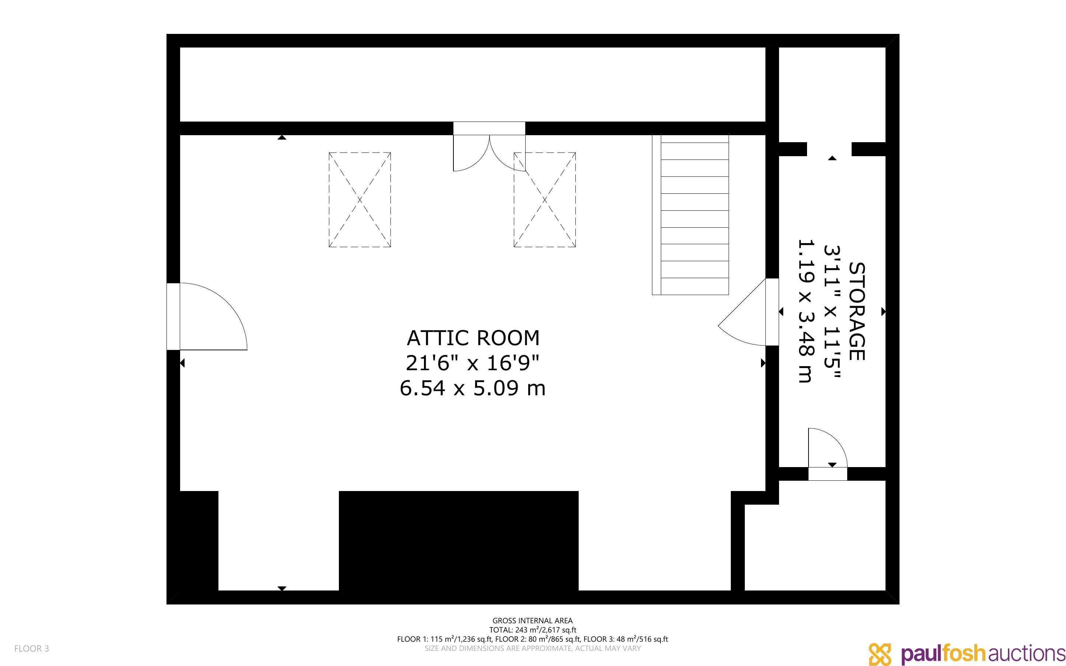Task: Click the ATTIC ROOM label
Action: pyautogui.click(x=473, y=338)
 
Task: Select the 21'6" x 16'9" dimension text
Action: pyautogui.click(x=473, y=364)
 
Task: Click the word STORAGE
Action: pyautogui.click(x=857, y=311)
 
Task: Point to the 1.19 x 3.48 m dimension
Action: pyautogui.click(x=806, y=311)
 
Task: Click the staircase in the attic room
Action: pyautogui.click(x=690, y=215)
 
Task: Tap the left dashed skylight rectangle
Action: pyautogui.click(x=360, y=200)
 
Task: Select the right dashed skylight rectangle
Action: pyautogui.click(x=545, y=200)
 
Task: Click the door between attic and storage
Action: pyautogui.click(x=748, y=312)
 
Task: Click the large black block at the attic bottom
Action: pyautogui.click(x=458, y=541)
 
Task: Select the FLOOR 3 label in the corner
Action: pyautogui.click(x=32, y=648)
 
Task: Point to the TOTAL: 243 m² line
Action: pyautogui.click(x=532, y=630)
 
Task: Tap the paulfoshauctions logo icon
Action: pyautogui.click(x=879, y=654)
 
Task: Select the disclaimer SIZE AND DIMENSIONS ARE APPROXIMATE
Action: pyautogui.click(x=532, y=648)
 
